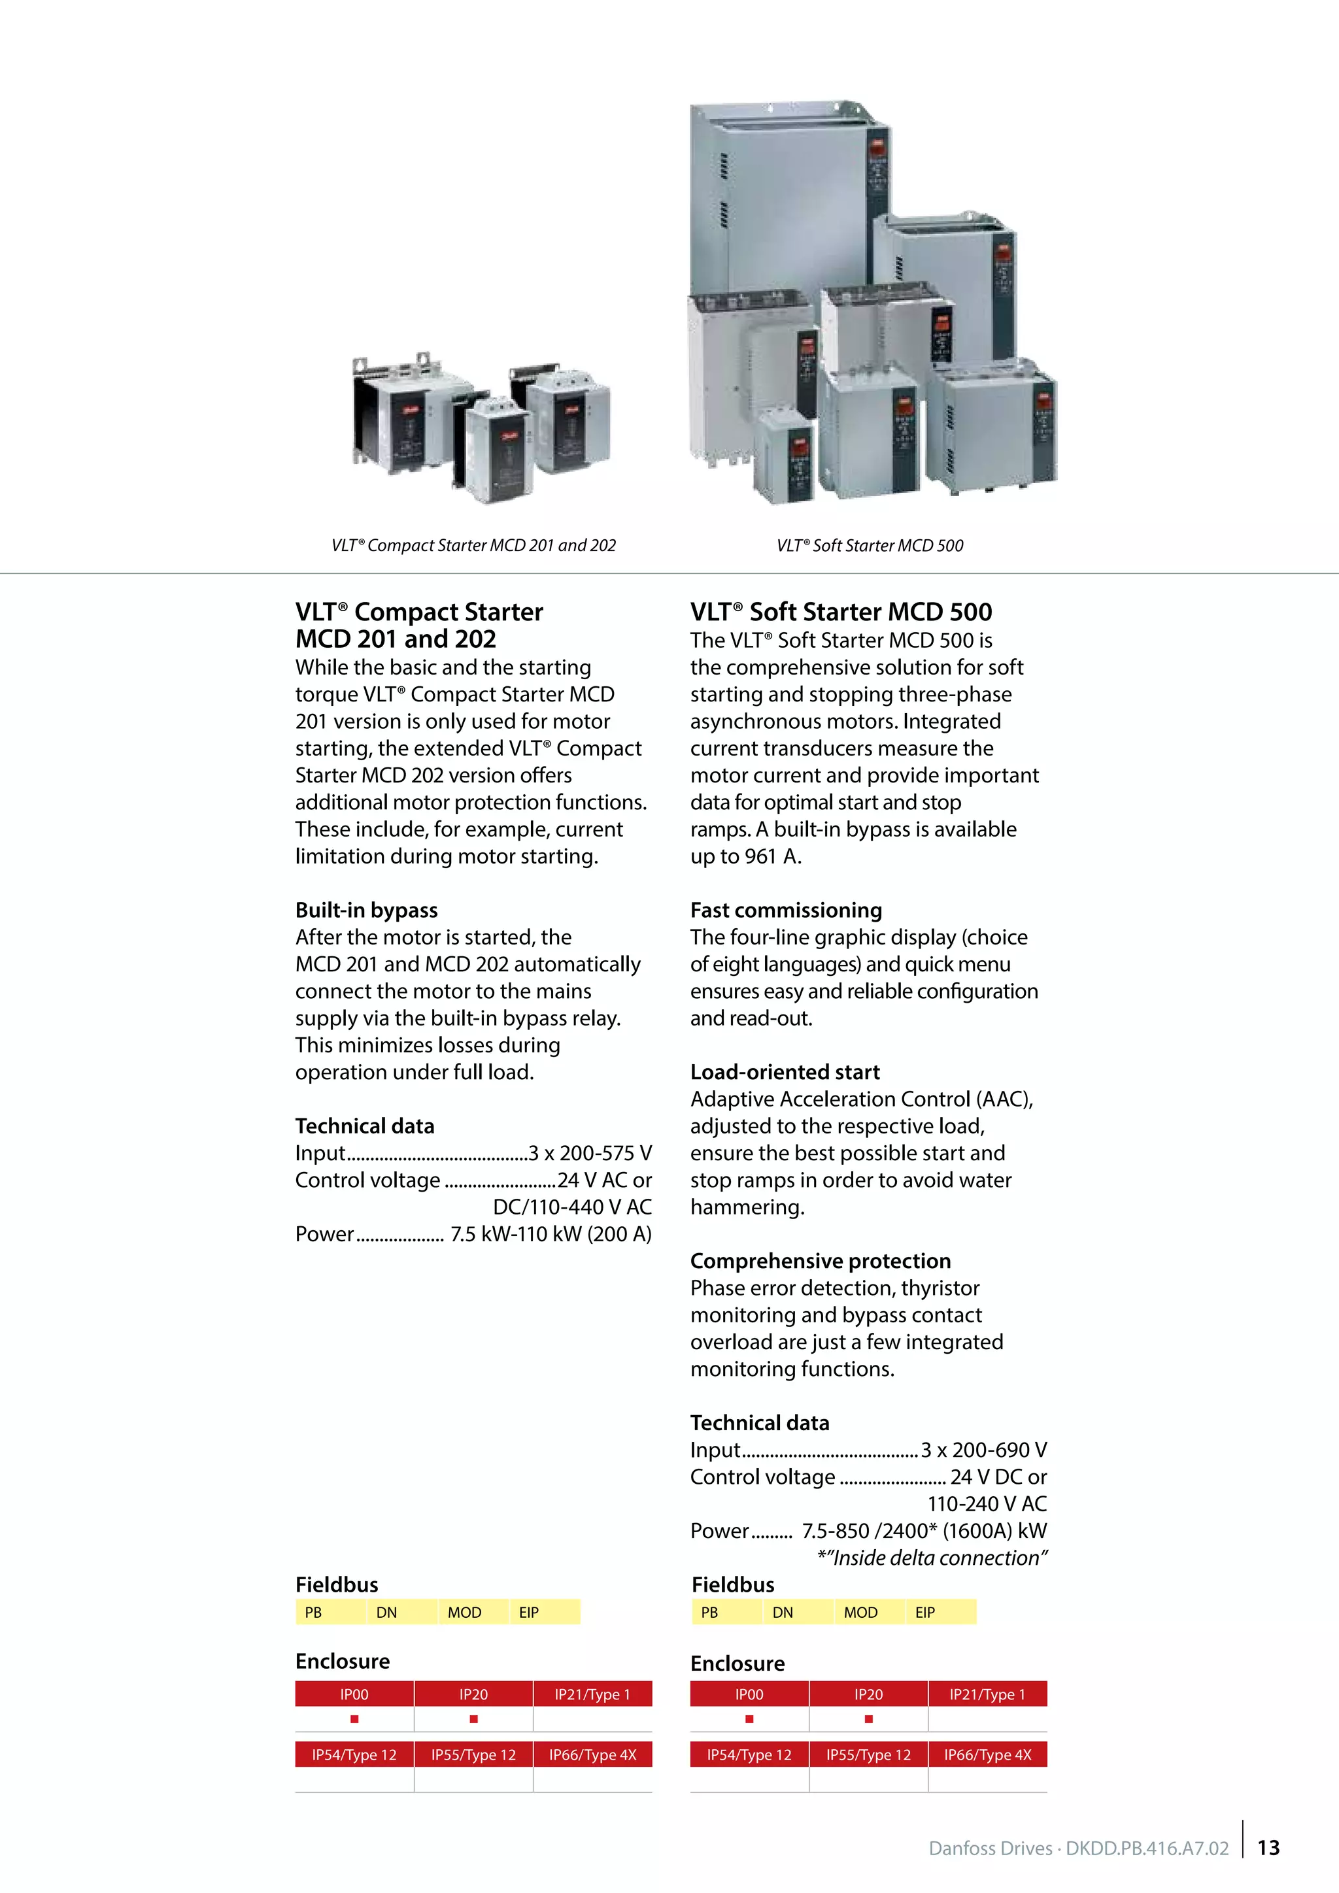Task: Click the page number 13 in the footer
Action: pos(1268,1848)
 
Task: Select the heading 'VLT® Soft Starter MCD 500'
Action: pos(841,612)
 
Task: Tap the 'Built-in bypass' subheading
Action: pos(366,911)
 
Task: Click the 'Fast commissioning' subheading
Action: pos(786,911)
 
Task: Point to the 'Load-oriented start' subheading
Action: pos(785,1072)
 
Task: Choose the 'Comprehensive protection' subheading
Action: pos(821,1261)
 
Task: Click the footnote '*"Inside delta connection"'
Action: pos(932,1558)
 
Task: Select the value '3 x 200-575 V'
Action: pos(590,1152)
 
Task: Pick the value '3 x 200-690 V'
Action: pos(983,1449)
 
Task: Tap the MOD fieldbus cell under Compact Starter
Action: pos(464,1612)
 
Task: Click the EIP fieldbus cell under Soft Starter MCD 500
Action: pos(925,1612)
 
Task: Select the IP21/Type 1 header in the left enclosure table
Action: pos(592,1694)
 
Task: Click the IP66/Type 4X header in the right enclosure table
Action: pos(987,1754)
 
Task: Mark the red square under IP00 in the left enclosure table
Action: pos(354,1719)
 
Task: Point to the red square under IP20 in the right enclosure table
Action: pos(868,1719)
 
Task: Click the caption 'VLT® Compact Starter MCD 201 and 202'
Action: pos(473,545)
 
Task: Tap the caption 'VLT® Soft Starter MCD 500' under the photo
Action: pos(870,545)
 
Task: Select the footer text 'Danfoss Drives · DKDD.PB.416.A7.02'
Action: pos(1078,1849)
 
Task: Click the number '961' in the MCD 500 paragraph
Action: pos(760,857)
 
